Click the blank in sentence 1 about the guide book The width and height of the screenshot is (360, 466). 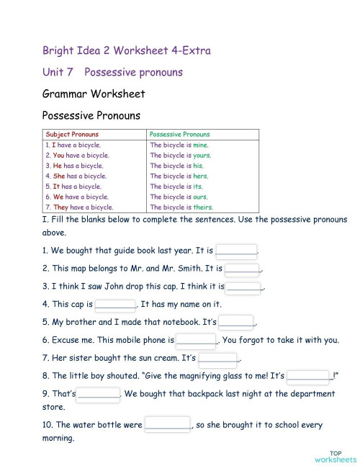[236, 251]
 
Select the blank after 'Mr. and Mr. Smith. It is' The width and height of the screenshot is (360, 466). [242, 269]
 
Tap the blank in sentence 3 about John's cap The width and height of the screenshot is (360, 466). [244, 287]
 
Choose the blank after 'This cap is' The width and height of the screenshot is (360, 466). [115, 304]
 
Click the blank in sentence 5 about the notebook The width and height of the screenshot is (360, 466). [236, 322]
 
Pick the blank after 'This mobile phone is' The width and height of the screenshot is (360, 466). [196, 340]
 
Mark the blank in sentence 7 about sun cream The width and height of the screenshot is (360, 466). [217, 358]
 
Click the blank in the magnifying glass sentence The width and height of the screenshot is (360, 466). [309, 375]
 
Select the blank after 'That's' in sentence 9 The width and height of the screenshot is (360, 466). [99, 394]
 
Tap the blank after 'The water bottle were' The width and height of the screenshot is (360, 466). [167, 424]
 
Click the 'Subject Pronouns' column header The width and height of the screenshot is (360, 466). [72, 134]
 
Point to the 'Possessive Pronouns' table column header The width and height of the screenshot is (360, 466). [179, 134]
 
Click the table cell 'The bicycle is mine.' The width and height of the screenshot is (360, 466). [179, 145]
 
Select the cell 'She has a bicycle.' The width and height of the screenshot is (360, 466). [75, 176]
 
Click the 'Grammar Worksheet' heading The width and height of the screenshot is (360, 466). [94, 94]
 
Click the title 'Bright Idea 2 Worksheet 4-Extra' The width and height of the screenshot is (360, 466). [126, 50]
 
